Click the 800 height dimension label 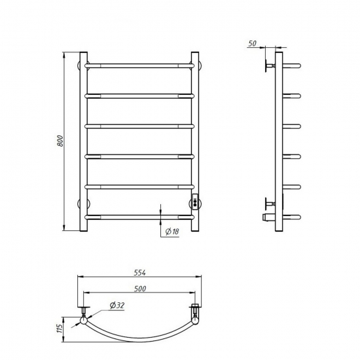(60, 141)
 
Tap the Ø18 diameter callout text (172, 232)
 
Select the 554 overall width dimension (140, 273)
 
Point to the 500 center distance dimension (140, 289)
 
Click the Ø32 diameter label (117, 306)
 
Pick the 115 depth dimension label (60, 329)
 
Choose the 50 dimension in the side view (252, 43)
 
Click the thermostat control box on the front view (195, 202)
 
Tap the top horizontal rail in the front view (139, 66)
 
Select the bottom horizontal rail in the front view (139, 217)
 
